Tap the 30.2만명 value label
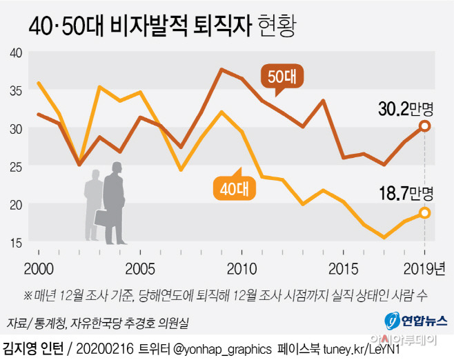(x=408, y=108)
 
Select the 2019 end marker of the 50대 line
(x=424, y=126)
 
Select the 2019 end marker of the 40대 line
(x=424, y=212)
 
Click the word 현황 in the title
(x=279, y=26)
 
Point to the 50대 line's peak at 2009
(x=221, y=70)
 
